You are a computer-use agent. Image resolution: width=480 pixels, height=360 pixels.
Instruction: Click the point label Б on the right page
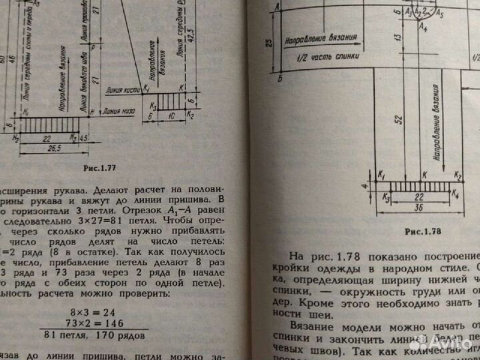(x=279, y=79)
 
